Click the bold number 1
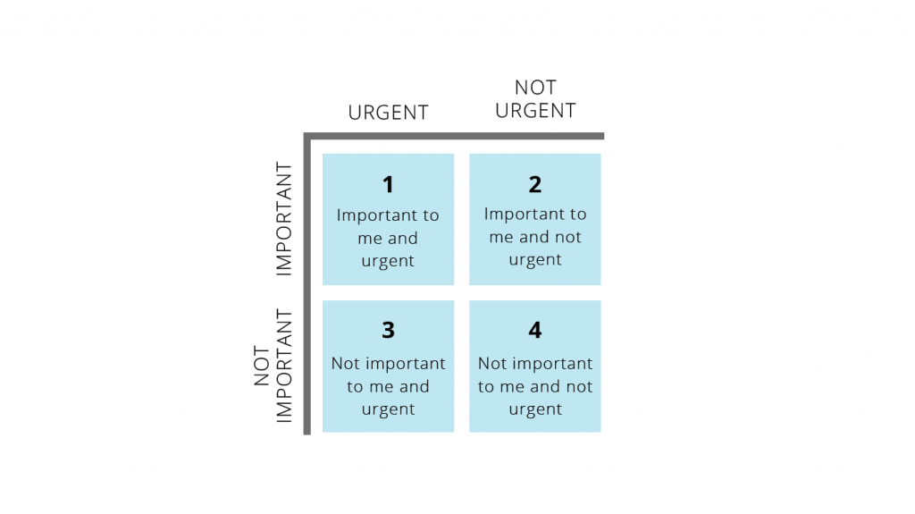(388, 184)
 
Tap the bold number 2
(535, 184)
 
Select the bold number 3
(388, 330)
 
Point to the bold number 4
(535, 330)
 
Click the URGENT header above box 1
(389, 112)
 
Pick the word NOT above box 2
(536, 88)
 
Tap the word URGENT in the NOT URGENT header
(536, 110)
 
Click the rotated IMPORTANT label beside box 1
(283, 218)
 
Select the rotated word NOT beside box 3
(262, 366)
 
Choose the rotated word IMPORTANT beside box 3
(283, 366)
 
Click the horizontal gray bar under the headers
(454, 136)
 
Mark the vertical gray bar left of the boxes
(307, 284)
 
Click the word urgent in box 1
(388, 261)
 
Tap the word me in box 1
(370, 239)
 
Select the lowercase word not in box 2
(567, 237)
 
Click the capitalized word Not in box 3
(346, 364)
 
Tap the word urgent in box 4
(535, 409)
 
